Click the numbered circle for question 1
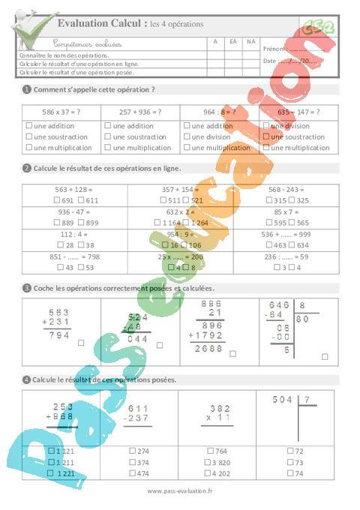[27, 89]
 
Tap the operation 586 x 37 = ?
[61, 112]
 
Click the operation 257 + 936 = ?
[140, 112]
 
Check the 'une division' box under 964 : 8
[187, 137]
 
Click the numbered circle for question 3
[27, 288]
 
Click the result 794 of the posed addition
[58, 335]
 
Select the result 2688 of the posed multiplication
[208, 349]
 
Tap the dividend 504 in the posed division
[283, 400]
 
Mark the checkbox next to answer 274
[132, 451]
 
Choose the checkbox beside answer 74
[290, 473]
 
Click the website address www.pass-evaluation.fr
[180, 491]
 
